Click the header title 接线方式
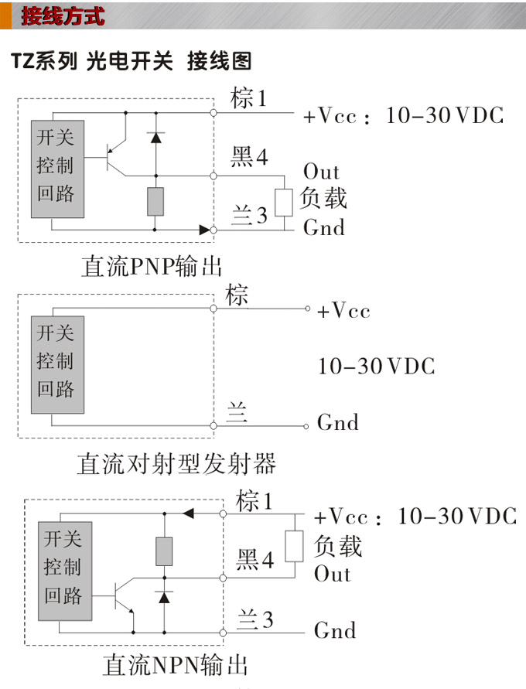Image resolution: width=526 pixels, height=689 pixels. click(62, 15)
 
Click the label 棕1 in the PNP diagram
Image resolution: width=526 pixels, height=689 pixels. click(248, 99)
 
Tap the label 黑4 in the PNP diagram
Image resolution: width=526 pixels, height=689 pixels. click(249, 158)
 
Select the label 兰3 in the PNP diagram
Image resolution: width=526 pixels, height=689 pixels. click(249, 216)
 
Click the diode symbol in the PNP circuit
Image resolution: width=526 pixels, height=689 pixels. click(155, 138)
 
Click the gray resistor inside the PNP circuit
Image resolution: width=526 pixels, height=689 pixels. click(155, 201)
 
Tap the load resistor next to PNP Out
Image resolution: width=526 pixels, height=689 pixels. click(284, 202)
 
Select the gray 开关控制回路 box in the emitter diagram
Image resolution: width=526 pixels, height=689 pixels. click(57, 363)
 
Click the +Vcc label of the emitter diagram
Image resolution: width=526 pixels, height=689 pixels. click(343, 311)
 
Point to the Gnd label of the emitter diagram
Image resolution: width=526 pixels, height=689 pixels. click(338, 423)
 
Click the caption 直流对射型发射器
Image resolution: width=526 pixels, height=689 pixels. click(176, 464)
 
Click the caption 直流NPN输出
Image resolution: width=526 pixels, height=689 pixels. click(175, 666)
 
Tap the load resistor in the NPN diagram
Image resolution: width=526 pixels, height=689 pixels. click(294, 546)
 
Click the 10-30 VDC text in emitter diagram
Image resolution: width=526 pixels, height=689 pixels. click(376, 366)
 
